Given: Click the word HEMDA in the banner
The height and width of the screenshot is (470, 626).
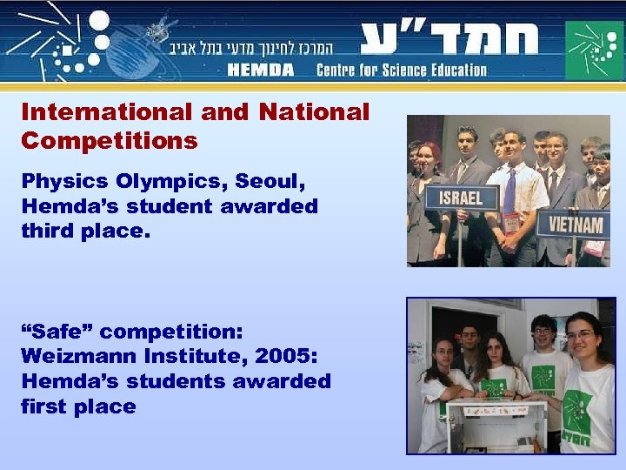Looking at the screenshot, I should click(x=261, y=70).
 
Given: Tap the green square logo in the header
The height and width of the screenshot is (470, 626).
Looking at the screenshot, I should click(x=594, y=50).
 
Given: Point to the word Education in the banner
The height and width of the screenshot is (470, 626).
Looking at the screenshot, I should click(x=457, y=70).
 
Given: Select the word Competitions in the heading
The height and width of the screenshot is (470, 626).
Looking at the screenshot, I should click(x=110, y=140).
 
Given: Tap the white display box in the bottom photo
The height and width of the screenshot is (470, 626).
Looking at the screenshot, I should click(x=496, y=426).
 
